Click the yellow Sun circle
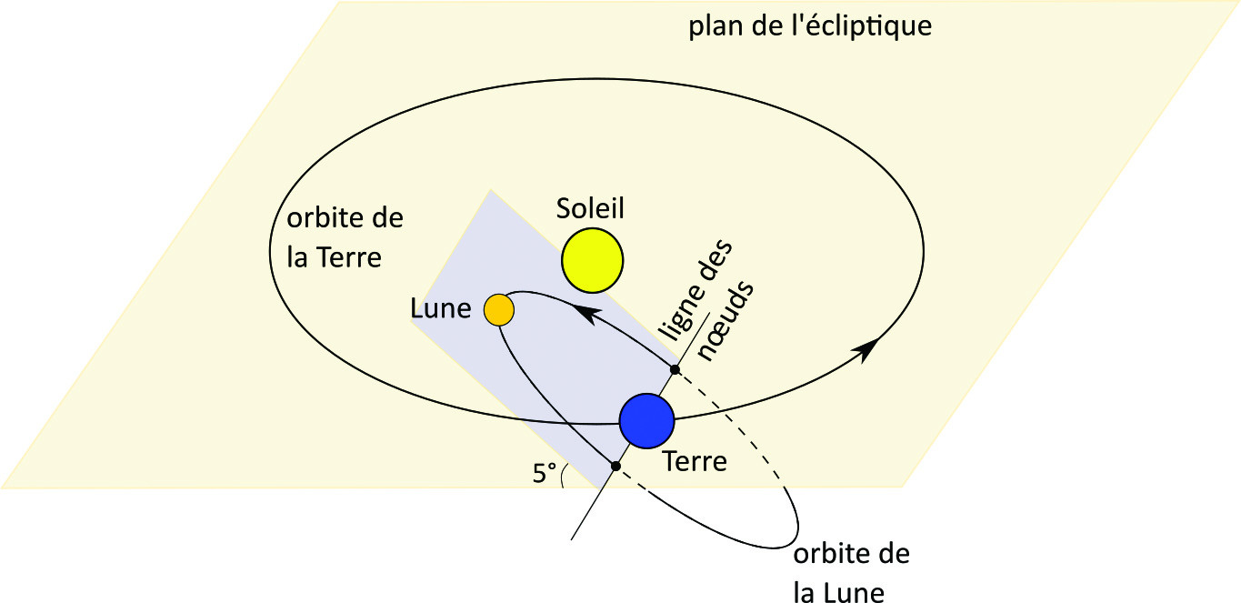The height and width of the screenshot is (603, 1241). coord(592,261)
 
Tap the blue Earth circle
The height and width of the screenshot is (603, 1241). coord(646,420)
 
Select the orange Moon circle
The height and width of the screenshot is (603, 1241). coord(499,310)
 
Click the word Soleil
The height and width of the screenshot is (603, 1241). coord(591,209)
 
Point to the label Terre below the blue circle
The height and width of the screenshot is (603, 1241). coord(696,461)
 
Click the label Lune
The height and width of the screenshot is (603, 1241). coord(440,310)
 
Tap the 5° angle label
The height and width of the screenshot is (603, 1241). coord(544,473)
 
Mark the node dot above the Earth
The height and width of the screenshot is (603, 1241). coord(675,369)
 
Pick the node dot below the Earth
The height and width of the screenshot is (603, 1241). coord(615,466)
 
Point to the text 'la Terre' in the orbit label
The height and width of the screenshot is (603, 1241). coord(334,257)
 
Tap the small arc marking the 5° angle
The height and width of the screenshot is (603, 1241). coord(564,475)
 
